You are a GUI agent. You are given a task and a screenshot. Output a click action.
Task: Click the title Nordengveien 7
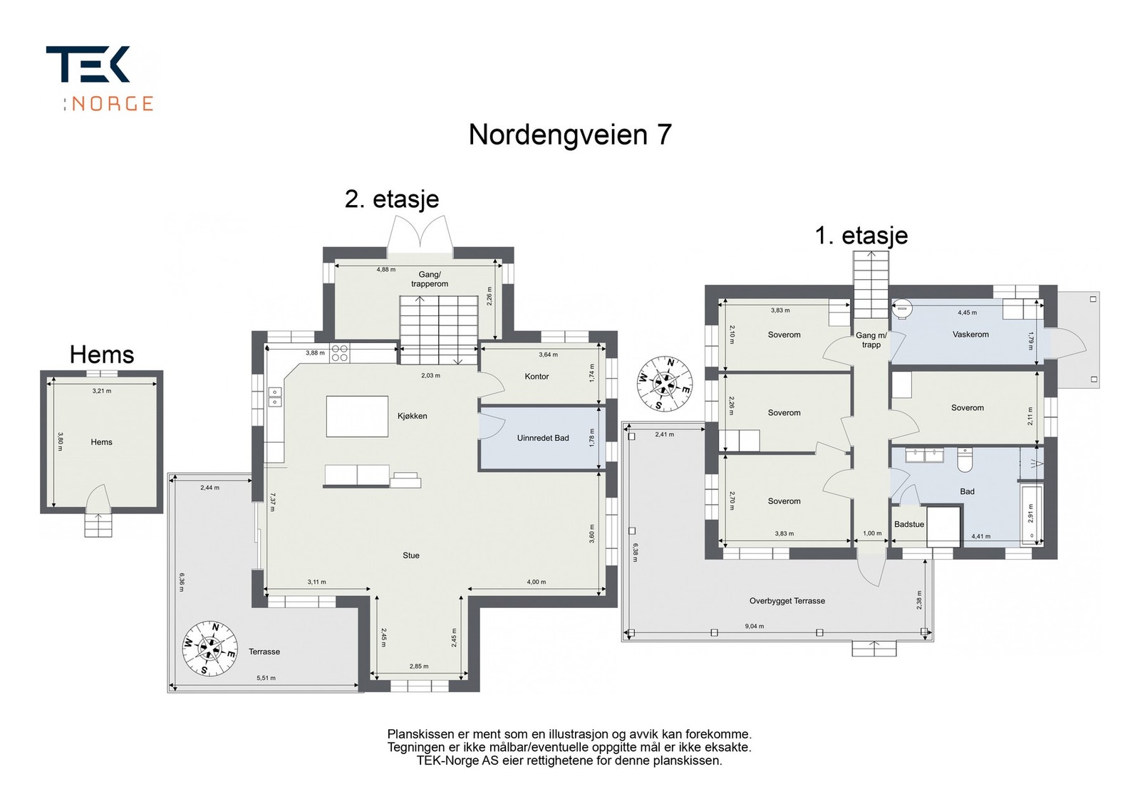point(569,135)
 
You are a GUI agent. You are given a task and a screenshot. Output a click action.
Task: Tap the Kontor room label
point(537,377)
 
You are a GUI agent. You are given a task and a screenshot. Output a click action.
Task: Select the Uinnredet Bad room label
point(542,438)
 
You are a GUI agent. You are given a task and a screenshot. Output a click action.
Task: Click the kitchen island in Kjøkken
point(357,416)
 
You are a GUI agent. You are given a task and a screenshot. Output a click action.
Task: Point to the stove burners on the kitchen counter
point(339,353)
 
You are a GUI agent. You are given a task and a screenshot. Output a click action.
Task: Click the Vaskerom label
point(970,334)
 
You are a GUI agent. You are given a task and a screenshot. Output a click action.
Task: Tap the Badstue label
point(908,524)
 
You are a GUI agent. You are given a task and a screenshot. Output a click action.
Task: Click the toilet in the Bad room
point(965,461)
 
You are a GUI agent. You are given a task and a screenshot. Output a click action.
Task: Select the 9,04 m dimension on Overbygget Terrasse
point(754,627)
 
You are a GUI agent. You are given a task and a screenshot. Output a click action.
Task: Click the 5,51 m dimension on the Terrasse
point(266,678)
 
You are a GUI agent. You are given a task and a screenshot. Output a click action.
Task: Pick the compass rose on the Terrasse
point(210,649)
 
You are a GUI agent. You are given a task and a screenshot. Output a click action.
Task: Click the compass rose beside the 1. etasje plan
point(664,383)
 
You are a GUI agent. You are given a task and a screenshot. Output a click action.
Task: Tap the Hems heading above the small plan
point(102,354)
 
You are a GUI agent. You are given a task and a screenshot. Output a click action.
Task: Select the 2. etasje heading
point(391,199)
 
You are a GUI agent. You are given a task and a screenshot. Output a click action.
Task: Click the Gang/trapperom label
point(430,279)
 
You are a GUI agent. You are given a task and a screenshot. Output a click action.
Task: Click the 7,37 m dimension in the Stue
point(271,502)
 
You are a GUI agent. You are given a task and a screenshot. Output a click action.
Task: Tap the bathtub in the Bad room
point(1031,515)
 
